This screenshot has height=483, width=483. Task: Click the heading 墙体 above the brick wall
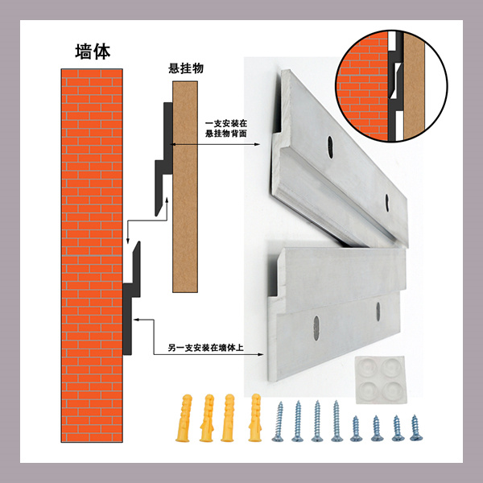tap(93, 52)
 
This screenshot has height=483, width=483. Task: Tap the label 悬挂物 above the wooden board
tap(186, 68)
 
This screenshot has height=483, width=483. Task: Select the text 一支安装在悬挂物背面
tap(226, 129)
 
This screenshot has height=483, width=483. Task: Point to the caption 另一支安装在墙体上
tap(206, 348)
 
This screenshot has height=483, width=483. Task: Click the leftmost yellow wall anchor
tap(184, 418)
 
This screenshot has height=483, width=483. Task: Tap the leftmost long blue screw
tap(279, 421)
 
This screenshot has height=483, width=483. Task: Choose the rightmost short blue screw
tap(416, 428)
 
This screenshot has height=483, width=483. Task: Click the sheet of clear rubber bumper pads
tap(381, 380)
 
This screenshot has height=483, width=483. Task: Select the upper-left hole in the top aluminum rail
tap(330, 147)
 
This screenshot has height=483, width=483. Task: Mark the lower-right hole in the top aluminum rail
tap(387, 203)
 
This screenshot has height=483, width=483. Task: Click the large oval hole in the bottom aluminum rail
tap(316, 328)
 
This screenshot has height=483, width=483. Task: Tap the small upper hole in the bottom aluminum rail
tap(378, 312)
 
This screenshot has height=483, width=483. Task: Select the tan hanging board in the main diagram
tap(185, 187)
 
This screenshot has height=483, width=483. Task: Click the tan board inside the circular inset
tap(414, 86)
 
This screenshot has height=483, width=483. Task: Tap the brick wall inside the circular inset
tap(362, 86)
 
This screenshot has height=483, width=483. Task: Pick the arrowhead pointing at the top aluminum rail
tap(258, 144)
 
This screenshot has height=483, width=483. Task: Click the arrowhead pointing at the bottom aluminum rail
tap(261, 354)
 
